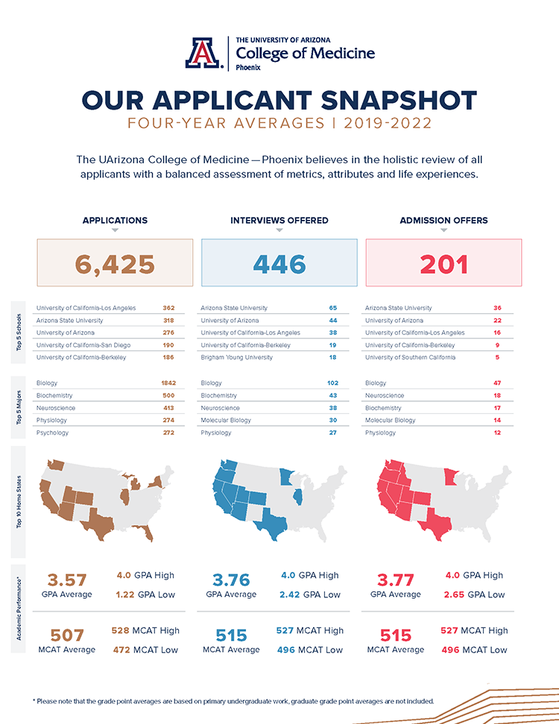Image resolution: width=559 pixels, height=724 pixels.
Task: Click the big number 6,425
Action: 115,263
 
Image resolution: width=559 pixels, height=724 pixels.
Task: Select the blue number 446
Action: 279,263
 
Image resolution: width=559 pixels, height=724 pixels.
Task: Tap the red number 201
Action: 443,263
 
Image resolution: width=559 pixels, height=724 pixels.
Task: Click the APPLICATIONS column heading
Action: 115,221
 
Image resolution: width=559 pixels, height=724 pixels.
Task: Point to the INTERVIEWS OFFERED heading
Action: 279,221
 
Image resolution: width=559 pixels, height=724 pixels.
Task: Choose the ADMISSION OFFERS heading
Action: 443,221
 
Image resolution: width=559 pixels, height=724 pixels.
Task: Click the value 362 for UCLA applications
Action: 168,308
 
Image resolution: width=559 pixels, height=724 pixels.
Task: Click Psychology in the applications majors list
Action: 52,432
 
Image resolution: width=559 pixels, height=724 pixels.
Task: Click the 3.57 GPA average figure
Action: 67,580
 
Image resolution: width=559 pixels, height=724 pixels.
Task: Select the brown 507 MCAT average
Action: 67,635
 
